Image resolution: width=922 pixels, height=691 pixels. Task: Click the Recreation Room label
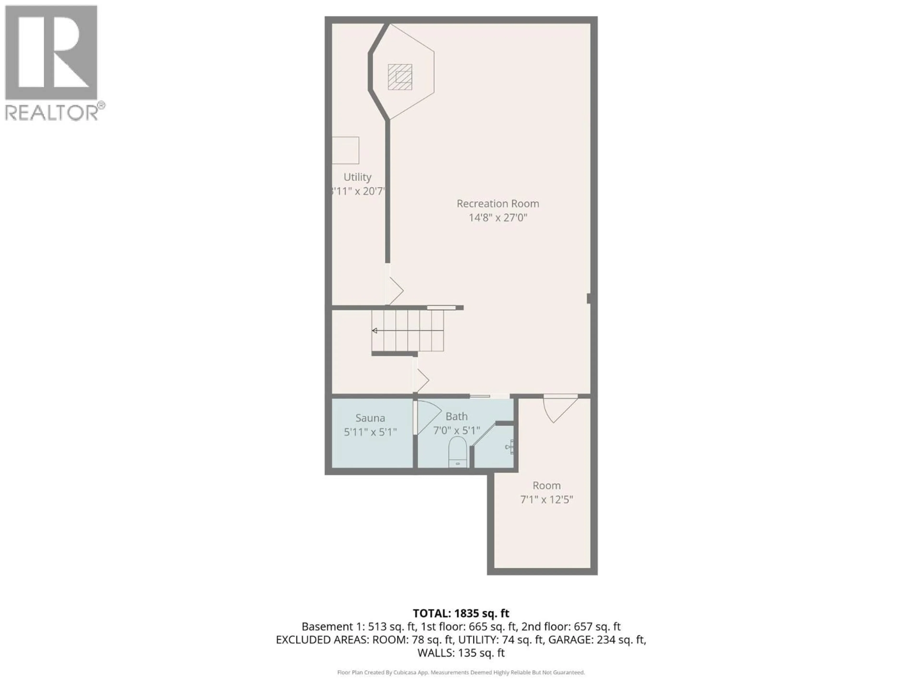[498, 204]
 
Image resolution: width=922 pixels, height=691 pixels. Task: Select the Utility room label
[357, 177]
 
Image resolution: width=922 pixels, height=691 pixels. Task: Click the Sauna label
[370, 418]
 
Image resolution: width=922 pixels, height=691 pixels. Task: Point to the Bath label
[456, 416]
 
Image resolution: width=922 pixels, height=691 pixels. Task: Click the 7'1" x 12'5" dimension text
[546, 499]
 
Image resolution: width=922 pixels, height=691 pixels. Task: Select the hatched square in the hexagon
[400, 77]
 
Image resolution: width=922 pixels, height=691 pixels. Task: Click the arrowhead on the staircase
[375, 331]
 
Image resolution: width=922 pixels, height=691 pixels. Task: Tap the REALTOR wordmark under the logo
[51, 113]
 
